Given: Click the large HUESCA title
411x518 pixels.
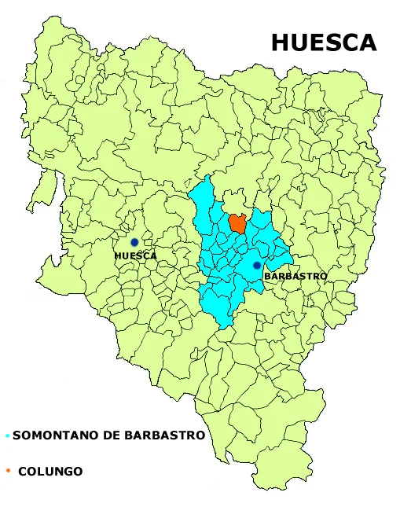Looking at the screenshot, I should pos(324,42).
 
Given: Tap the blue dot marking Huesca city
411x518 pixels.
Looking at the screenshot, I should pos(134,242).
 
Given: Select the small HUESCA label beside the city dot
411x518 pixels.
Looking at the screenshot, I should pos(135,255).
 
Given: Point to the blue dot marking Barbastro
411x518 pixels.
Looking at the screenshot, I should pos(257,266).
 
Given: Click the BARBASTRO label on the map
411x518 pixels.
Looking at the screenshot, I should pos(295,277).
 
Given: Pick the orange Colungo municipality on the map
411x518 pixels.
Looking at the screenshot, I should pos(237,223).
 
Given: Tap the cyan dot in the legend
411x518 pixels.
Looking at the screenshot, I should pos(7,435).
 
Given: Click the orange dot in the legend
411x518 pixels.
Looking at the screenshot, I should pos(7,472).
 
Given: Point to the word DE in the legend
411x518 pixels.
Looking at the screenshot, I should pos(104,435).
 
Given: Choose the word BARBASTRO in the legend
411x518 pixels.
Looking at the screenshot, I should pos(161,435).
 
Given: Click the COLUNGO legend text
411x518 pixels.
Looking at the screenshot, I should pos(50,472).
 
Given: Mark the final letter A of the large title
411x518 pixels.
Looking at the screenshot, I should pos(368,42).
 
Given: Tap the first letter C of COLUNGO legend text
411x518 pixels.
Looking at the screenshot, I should pos(22,472).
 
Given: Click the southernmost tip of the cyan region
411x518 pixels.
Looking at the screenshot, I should pos(226,328).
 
